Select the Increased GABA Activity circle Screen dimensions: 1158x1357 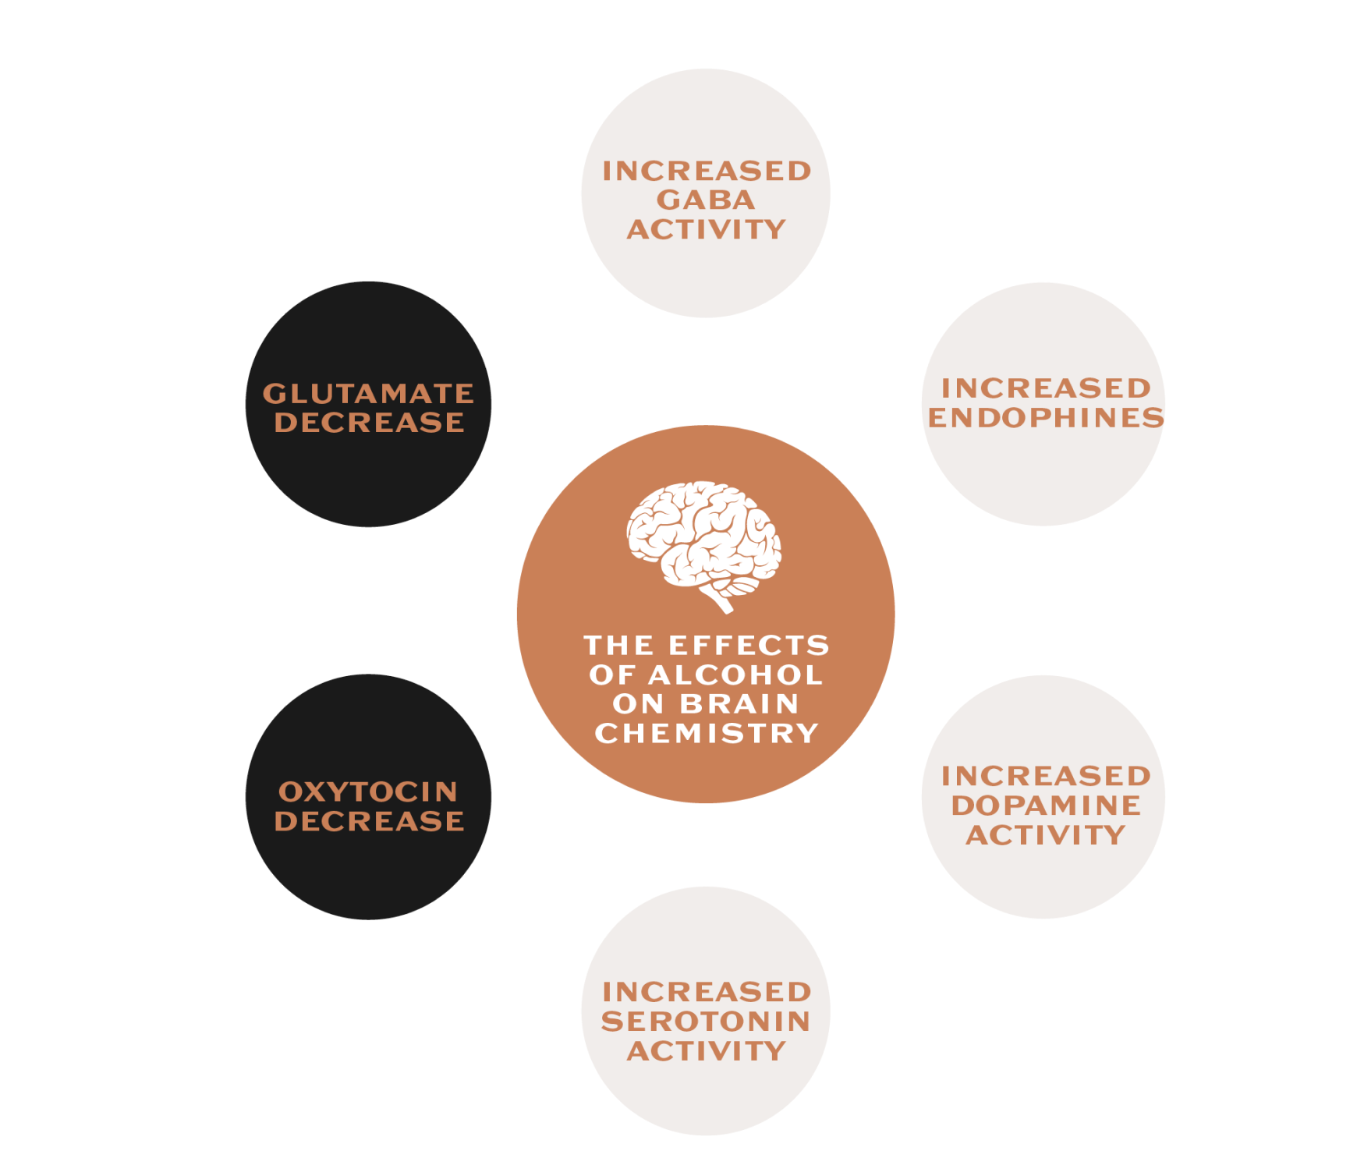pyautogui.click(x=705, y=193)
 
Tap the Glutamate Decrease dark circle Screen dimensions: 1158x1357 pyautogui.click(x=369, y=404)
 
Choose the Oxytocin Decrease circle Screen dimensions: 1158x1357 pyautogui.click(x=369, y=797)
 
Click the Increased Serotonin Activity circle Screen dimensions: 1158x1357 pyautogui.click(x=705, y=1011)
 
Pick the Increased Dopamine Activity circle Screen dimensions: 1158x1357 pyautogui.click(x=1043, y=797)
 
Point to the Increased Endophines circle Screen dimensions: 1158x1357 pyautogui.click(x=1043, y=404)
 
